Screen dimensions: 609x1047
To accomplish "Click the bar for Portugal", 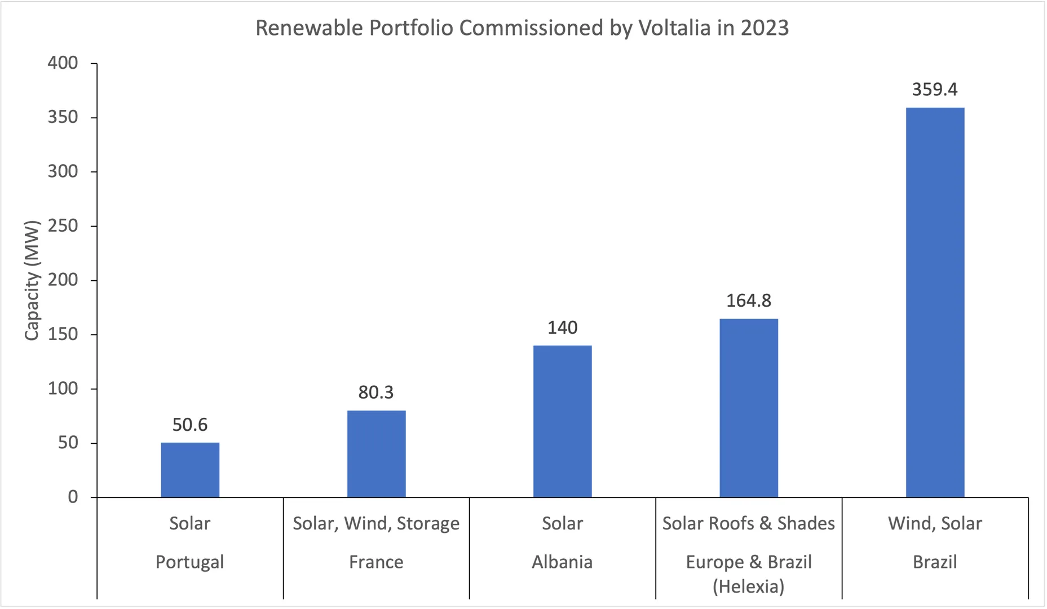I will [190, 470].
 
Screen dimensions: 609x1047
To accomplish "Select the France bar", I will [376, 454].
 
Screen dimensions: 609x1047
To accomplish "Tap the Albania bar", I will [562, 421].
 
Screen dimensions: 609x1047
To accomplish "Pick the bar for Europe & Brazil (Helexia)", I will [748, 408].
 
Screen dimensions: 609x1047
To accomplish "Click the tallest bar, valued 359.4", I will [934, 302].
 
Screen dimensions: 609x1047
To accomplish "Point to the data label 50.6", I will [190, 425].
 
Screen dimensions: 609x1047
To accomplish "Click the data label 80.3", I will [376, 392].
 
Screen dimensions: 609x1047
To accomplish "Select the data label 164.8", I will [748, 301].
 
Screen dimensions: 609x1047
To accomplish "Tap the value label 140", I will [562, 328].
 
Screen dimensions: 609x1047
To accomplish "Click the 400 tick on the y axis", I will [63, 63].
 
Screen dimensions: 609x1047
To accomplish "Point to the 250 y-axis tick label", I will [63, 226].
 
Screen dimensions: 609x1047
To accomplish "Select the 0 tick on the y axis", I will [73, 497].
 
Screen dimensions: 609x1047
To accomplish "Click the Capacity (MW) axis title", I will [32, 280].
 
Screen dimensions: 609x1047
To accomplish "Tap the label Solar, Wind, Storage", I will [376, 523].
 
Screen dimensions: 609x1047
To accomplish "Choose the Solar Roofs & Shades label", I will [748, 523].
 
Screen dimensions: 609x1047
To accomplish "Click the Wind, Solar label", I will [934, 523].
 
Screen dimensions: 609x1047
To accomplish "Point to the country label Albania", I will [562, 562].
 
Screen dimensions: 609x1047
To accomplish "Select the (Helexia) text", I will [748, 586].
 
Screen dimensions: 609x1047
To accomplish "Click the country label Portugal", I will [190, 562].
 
